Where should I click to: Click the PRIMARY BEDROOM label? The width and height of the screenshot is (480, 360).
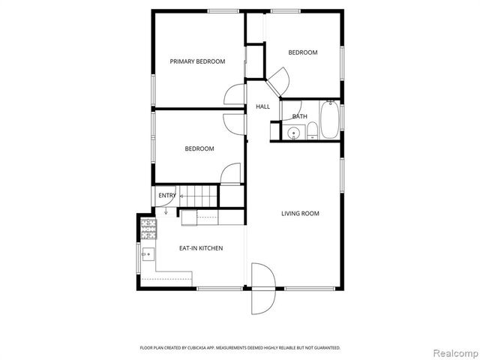pyautogui.click(x=197, y=61)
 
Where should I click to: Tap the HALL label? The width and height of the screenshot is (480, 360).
pyautogui.click(x=262, y=106)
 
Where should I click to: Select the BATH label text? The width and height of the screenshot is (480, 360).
pyautogui.click(x=299, y=116)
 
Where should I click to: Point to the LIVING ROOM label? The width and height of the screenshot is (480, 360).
pyautogui.click(x=300, y=214)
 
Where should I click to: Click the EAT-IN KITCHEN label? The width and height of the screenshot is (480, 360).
pyautogui.click(x=200, y=248)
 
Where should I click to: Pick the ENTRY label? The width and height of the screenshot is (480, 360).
pyautogui.click(x=166, y=196)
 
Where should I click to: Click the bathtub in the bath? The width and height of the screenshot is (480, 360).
pyautogui.click(x=329, y=121)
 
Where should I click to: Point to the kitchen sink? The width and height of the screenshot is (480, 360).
pyautogui.click(x=148, y=254)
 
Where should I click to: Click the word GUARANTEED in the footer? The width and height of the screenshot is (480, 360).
pyautogui.click(x=325, y=348)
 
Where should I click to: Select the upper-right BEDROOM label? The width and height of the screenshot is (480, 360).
pyautogui.click(x=303, y=52)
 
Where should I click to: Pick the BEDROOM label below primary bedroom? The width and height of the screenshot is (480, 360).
pyautogui.click(x=199, y=148)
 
